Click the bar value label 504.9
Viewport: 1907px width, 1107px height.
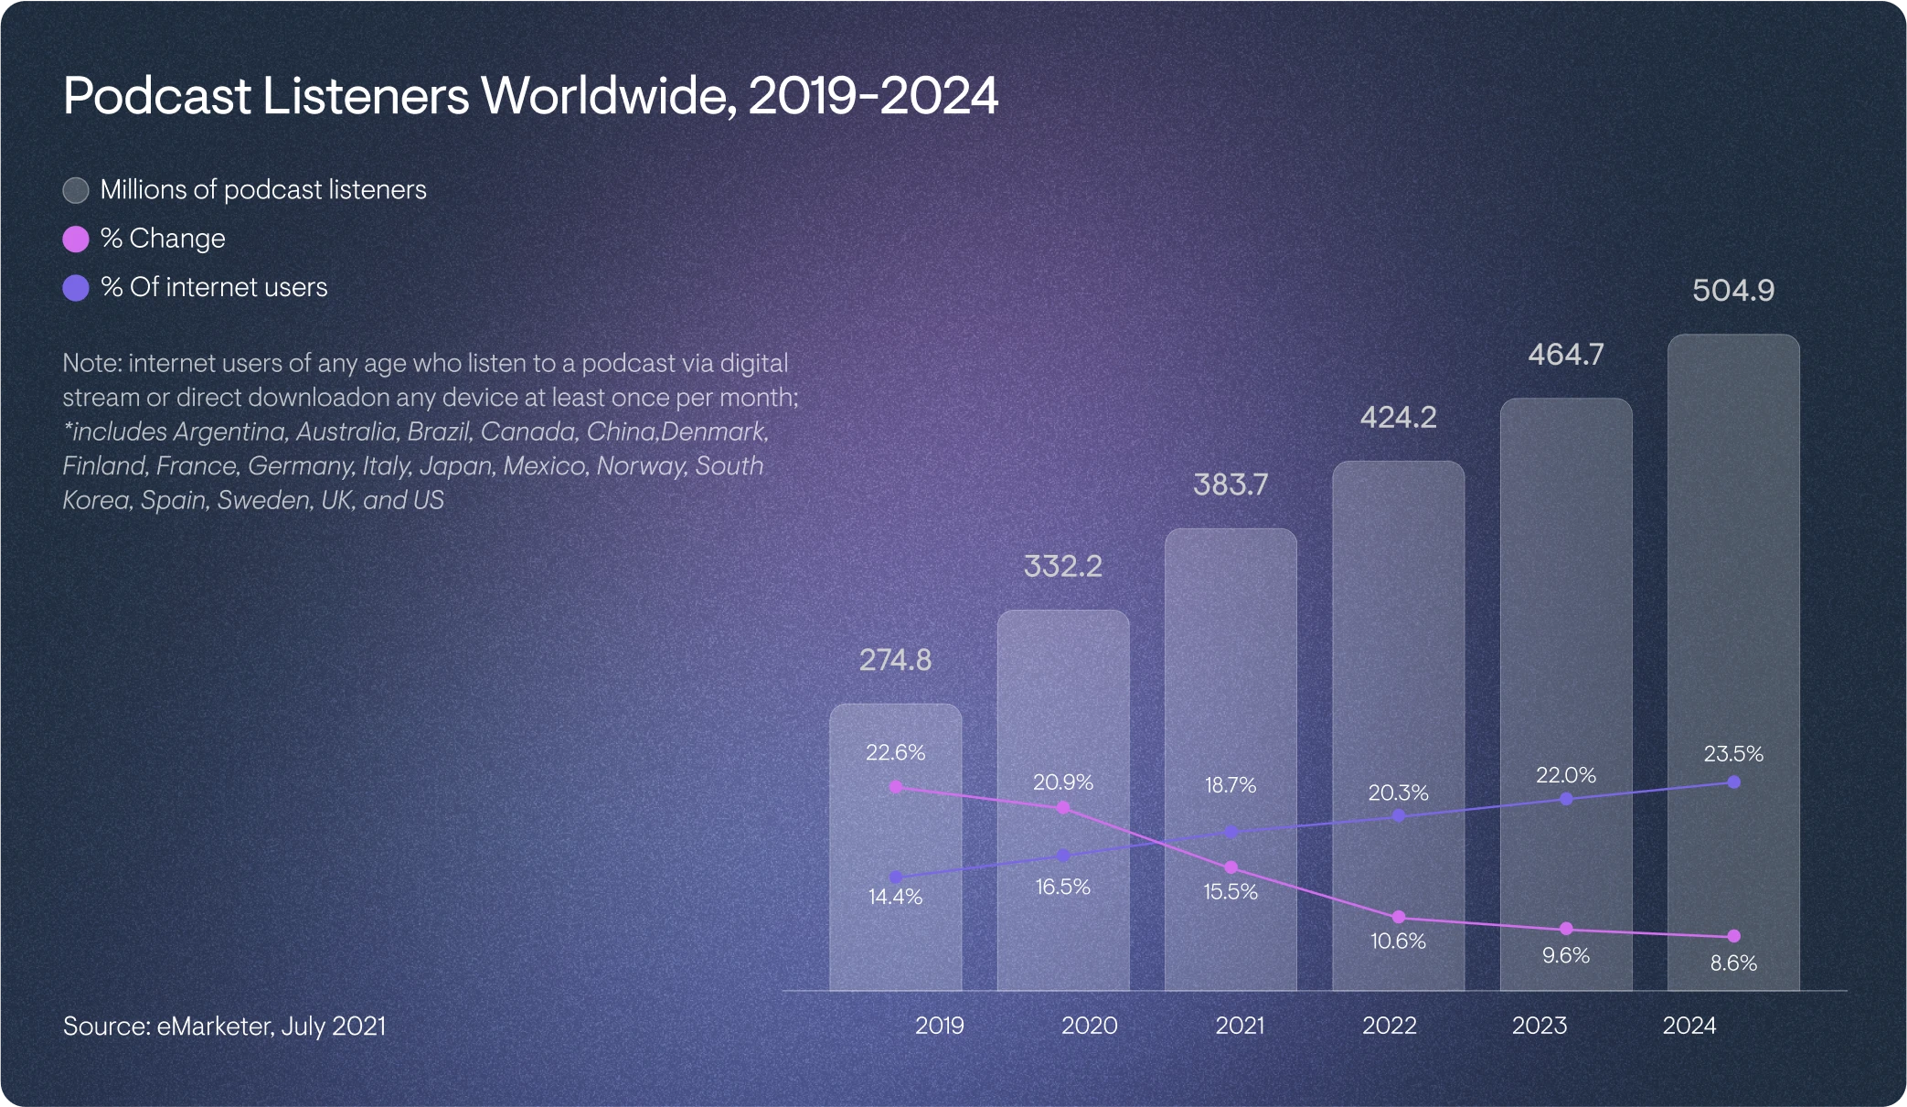coord(1732,291)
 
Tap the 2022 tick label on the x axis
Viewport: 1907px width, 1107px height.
coord(1389,1026)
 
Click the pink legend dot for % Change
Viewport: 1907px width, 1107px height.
coord(76,239)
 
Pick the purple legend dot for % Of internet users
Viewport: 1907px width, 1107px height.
coord(76,288)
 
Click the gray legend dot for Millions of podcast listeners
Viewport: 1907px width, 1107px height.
coord(76,190)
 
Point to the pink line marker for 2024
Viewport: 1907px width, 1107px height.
coord(1733,936)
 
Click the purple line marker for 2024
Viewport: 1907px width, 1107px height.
coord(1733,782)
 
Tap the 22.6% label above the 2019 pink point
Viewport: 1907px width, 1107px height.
coord(895,752)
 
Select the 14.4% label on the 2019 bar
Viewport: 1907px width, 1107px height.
coord(895,897)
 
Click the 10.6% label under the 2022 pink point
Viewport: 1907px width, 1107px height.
coord(1398,941)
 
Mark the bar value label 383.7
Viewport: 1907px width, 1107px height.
coord(1230,484)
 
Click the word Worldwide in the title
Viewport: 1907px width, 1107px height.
coord(609,96)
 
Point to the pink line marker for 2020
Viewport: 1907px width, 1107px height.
coord(1063,808)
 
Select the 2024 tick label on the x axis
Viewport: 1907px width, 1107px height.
coord(1689,1026)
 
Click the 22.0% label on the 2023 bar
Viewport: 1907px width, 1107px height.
coord(1565,775)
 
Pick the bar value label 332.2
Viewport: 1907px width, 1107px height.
coord(1062,566)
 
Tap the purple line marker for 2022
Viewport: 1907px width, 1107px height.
coord(1398,815)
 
